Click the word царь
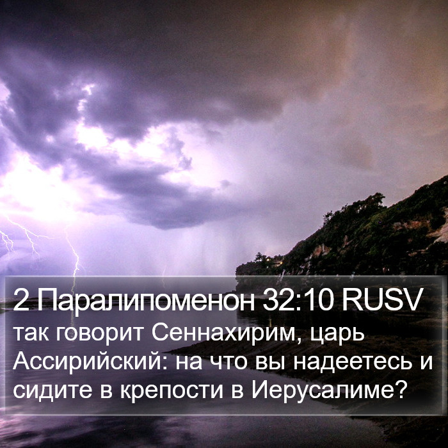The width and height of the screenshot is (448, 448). [x=337, y=335]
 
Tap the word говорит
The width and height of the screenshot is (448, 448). [x=99, y=335]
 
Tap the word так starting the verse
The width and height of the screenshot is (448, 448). [x=31, y=335]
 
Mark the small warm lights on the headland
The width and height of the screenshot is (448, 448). [x=275, y=260]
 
